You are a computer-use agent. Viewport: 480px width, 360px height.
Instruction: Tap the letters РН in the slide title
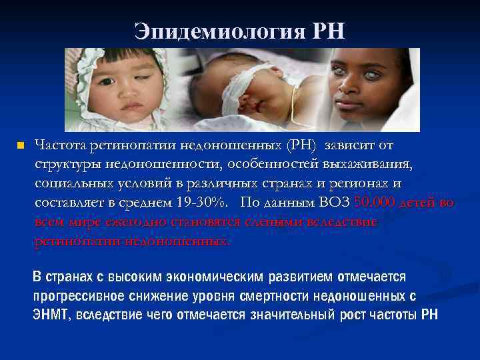pyautogui.click(x=327, y=31)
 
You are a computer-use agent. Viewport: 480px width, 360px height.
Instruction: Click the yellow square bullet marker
pyautogui.click(x=20, y=145)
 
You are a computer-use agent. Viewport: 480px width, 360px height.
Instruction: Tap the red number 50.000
pyautogui.click(x=376, y=203)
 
